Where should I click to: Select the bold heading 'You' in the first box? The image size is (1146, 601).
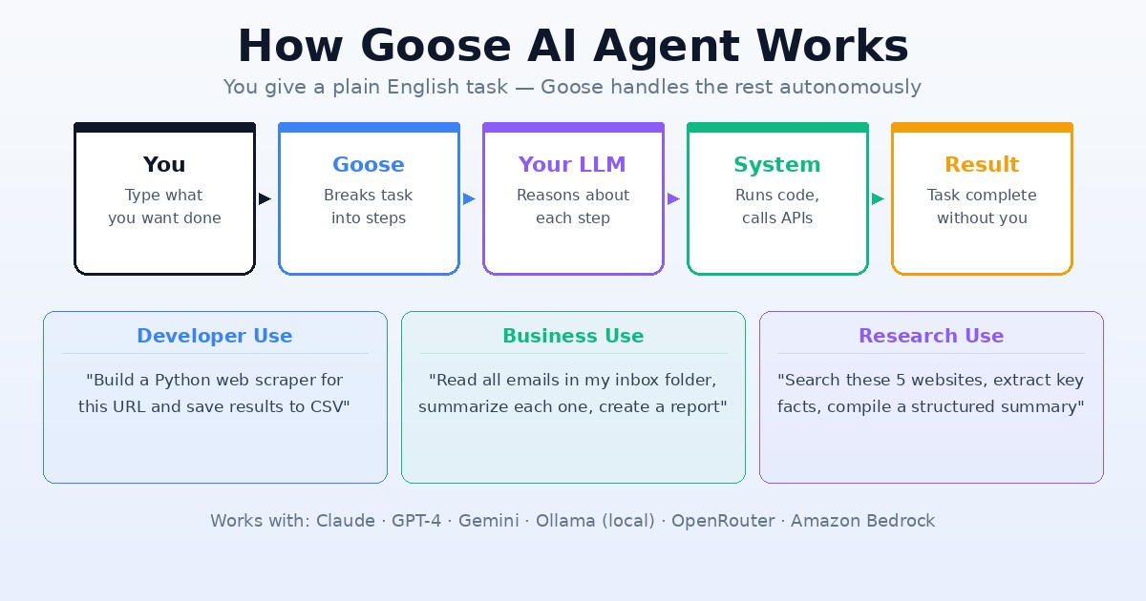click(164, 165)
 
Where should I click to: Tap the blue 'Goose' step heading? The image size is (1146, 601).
click(369, 165)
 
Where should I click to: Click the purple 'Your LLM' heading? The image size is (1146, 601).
click(572, 165)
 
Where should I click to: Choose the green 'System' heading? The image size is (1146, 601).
click(776, 165)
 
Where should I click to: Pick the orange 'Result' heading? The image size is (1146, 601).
click(982, 165)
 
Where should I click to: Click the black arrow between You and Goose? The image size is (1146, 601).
click(265, 199)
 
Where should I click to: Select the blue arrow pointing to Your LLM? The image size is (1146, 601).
click(469, 199)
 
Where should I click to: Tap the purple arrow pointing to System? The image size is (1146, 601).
click(673, 199)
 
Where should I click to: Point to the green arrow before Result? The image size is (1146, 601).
click(878, 199)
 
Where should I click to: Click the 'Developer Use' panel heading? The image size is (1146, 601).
click(215, 336)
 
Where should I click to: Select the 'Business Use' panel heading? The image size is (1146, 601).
click(573, 336)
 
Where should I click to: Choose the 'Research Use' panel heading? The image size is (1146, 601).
click(931, 336)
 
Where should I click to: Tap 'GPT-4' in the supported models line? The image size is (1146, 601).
click(416, 521)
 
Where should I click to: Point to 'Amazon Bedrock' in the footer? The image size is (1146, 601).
click(862, 521)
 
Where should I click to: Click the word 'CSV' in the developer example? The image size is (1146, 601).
click(329, 407)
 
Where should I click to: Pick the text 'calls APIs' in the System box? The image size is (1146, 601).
click(777, 218)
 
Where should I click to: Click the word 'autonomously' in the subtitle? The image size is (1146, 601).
click(850, 88)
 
